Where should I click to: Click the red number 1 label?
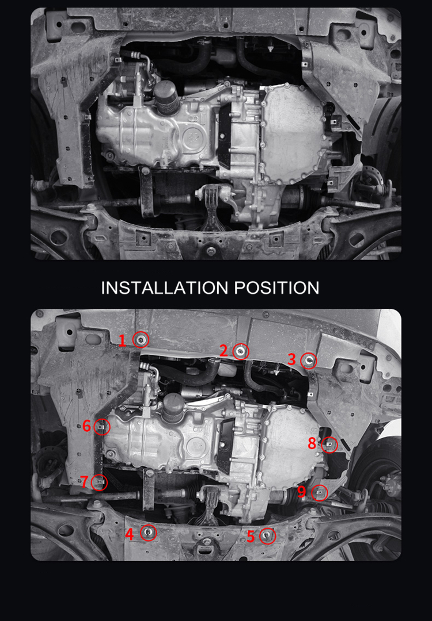[122, 340]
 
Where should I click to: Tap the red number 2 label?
[223, 350]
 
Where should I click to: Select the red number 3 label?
[292, 360]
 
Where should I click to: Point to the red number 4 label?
[130, 534]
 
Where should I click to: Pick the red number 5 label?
[251, 536]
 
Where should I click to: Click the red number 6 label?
[86, 426]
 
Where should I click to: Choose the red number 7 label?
[85, 482]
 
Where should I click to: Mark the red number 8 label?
[312, 443]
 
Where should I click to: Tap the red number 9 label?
[302, 492]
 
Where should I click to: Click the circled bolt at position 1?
[141, 340]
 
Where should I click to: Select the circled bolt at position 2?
[241, 350]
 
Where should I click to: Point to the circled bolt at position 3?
[309, 361]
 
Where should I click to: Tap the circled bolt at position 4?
[148, 533]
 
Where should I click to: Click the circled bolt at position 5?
[268, 536]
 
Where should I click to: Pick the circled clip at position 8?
[329, 444]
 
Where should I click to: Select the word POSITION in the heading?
[276, 287]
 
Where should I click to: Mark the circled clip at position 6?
[102, 427]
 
